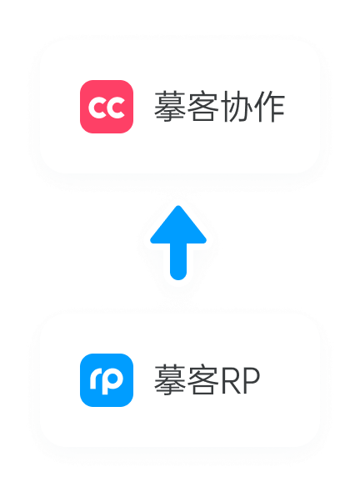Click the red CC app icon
[107, 107]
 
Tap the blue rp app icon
[107, 380]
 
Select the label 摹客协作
[219, 107]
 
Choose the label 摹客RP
[207, 380]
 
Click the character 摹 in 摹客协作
[170, 107]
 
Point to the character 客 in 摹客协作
[203, 107]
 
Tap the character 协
[236, 107]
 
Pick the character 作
[269, 107]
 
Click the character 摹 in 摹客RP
[170, 380]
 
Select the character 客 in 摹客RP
[203, 380]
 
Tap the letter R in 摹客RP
[231, 381]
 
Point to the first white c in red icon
[97, 108]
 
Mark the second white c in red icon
[116, 108]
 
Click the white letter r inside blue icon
[95, 379]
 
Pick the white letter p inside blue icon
[111, 381]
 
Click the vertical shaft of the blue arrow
[178, 262]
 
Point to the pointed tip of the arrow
[178, 206]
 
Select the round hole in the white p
[112, 379]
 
